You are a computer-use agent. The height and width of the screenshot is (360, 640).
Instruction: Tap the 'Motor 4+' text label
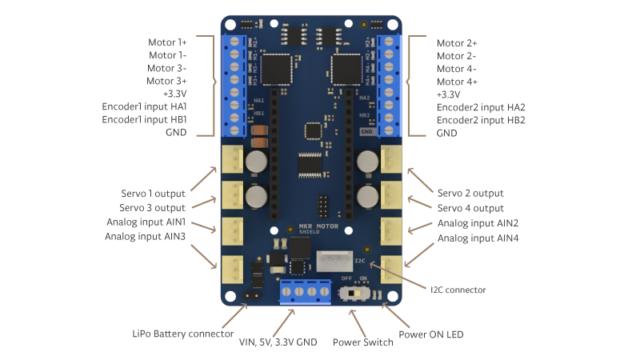[x=458, y=82]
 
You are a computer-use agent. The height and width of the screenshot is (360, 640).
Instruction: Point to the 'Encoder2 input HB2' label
[x=481, y=120]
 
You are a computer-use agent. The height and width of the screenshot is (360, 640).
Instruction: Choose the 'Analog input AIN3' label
[x=145, y=237]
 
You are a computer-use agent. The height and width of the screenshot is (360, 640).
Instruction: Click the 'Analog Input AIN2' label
[x=478, y=223]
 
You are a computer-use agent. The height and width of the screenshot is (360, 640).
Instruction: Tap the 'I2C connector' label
[x=458, y=289]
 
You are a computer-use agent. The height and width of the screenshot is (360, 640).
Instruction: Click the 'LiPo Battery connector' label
[x=182, y=334]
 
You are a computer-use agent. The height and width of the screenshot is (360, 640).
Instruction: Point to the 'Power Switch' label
[x=362, y=342]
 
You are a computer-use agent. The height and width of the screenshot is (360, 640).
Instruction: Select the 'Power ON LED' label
[x=430, y=334]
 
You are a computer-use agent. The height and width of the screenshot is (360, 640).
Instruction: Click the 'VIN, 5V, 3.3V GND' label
[x=278, y=342]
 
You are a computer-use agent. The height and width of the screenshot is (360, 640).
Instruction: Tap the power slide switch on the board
[x=354, y=294]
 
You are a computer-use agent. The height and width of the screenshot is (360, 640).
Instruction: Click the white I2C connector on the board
[x=335, y=262]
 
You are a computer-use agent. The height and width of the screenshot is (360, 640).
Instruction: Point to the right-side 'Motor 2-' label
[x=457, y=56]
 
